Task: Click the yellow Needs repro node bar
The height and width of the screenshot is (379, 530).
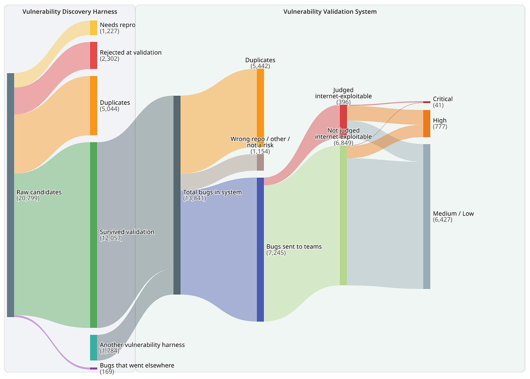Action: [x=94, y=28]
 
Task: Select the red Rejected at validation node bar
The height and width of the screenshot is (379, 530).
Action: [x=94, y=55]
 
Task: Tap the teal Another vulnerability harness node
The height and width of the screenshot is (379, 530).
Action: [x=94, y=348]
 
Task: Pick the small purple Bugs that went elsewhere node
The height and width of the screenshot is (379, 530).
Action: [x=94, y=368]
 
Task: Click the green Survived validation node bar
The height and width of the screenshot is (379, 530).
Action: [x=94, y=235]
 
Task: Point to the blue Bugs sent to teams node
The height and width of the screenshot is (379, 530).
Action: [x=260, y=250]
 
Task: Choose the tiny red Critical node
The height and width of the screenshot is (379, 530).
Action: [x=427, y=102]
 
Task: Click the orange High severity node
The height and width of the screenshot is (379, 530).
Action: [x=427, y=123]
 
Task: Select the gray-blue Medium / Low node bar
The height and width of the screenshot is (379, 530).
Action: [x=427, y=217]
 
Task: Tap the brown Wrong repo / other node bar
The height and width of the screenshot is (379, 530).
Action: [x=260, y=162]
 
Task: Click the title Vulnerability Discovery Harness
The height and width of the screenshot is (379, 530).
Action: [x=70, y=12]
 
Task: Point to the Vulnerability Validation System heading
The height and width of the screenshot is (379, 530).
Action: [x=330, y=12]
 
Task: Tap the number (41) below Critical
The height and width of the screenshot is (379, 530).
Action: [x=438, y=105]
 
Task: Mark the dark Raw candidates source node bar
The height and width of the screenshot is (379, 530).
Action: [x=11, y=195]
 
